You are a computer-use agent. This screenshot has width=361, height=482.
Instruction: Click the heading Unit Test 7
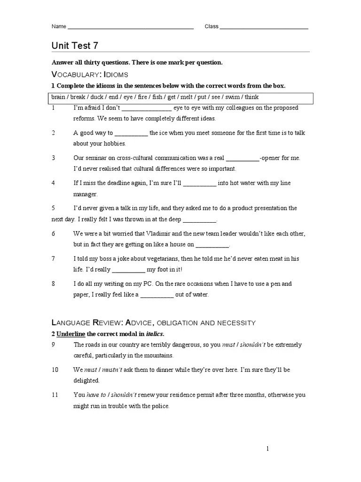pos(75,45)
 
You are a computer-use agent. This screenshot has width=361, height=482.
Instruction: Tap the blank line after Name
pos(131,28)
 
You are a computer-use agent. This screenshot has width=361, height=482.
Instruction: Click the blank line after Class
pos(264,28)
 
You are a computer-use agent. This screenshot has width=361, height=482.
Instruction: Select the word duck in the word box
pos(97,97)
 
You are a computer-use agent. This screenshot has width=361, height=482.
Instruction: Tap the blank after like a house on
pos(212,245)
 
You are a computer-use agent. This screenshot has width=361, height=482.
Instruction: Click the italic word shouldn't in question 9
pos(253,345)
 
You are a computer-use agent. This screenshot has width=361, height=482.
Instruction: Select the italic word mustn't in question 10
pos(112,370)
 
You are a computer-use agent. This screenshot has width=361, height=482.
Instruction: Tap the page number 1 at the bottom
pos(267,449)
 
